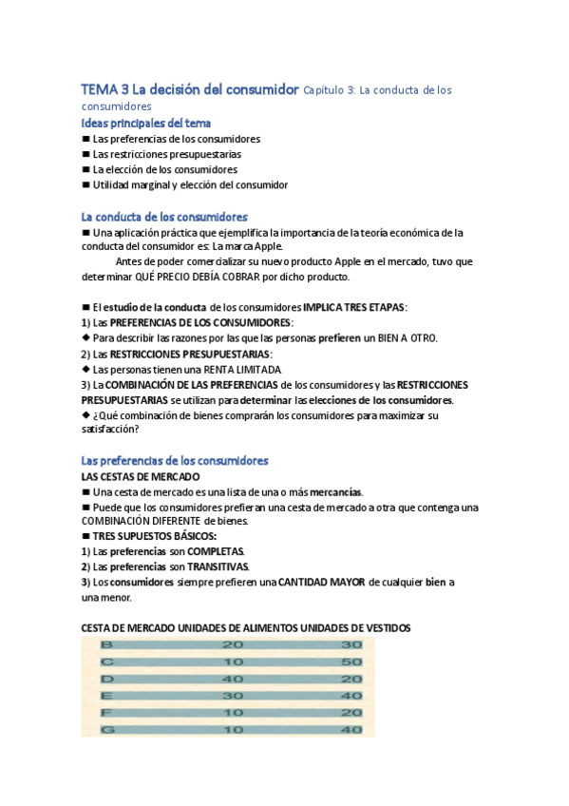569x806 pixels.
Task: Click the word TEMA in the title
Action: [x=98, y=89]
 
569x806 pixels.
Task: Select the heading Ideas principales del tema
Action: [x=146, y=123]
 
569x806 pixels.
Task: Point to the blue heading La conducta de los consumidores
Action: [x=165, y=217]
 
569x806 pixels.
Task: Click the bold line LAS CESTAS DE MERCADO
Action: [x=141, y=476]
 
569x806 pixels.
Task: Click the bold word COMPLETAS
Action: [x=215, y=552]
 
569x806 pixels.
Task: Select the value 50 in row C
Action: [x=352, y=662]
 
